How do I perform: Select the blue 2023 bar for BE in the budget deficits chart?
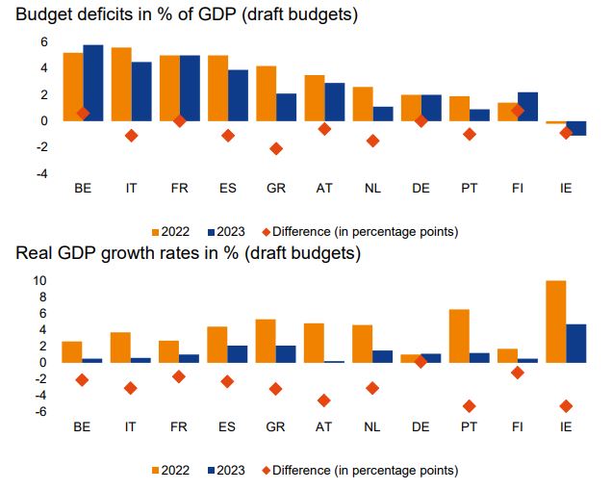(93, 83)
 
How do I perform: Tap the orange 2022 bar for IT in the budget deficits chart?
(121, 84)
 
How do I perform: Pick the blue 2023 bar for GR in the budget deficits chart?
(286, 107)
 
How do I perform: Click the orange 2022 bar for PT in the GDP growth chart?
(459, 336)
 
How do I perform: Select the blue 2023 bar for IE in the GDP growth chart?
(575, 343)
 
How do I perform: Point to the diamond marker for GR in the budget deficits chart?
(276, 148)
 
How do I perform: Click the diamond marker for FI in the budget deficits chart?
(518, 111)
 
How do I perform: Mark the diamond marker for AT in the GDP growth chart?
(324, 400)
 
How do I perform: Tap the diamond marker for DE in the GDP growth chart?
(421, 361)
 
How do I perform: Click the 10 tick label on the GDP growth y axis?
(38, 281)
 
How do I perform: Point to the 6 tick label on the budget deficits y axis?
(43, 41)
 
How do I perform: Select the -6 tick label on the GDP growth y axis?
(40, 412)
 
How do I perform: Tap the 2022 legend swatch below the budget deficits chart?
(159, 232)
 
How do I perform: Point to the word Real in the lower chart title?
(33, 255)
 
